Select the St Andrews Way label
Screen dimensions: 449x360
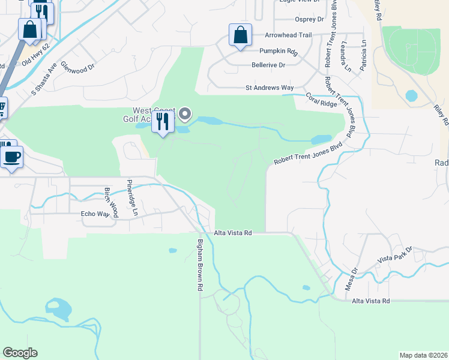point(270,88)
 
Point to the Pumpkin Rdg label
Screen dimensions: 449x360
point(279,51)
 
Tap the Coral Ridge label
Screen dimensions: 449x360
point(321,100)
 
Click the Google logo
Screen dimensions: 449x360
point(20,353)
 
